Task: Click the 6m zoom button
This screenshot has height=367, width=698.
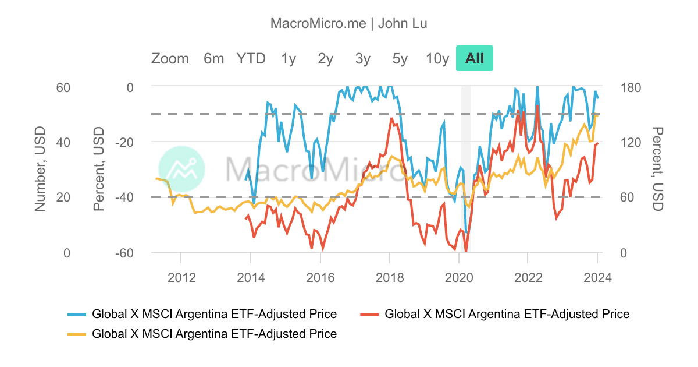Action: coord(213,58)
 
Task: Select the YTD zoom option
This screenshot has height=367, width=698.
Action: coord(251,58)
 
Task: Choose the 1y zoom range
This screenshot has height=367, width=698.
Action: coord(289,58)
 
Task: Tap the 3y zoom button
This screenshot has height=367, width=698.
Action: coord(363,58)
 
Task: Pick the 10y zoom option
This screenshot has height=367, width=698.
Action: coord(437,58)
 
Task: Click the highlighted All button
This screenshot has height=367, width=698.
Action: coord(475,58)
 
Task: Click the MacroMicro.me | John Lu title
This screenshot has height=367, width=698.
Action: coord(349,23)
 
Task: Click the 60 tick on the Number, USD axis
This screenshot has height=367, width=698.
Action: coord(63,87)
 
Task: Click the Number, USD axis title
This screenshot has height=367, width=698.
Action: coord(40,169)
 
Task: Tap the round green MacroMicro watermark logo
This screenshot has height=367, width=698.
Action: coord(181,169)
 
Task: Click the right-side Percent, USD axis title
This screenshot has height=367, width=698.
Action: coord(657,169)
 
